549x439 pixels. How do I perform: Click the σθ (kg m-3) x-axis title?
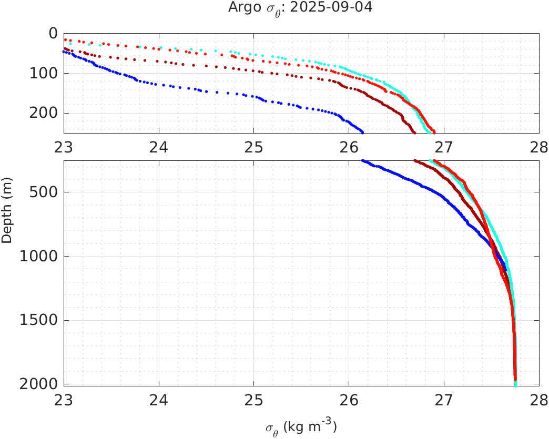point(301,426)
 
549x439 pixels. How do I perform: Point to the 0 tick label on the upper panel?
point(53,34)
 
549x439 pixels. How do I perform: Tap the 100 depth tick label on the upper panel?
point(44,73)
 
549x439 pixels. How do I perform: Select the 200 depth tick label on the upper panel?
point(44,113)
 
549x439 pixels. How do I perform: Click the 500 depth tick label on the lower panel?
point(44,192)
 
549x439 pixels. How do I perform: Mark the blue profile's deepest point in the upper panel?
point(362,132)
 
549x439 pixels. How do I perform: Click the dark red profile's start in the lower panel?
point(415,161)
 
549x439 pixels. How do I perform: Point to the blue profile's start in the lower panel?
point(363,161)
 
